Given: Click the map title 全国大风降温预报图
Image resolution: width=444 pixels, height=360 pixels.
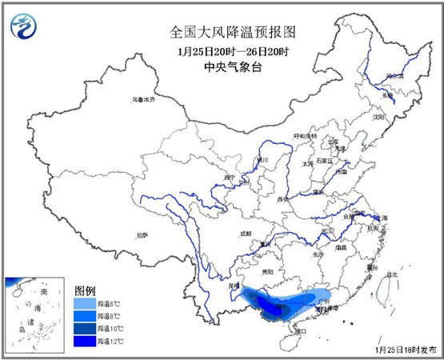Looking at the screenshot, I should (x=222, y=33).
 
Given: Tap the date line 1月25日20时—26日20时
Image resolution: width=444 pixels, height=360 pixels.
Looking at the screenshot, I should (x=222, y=52).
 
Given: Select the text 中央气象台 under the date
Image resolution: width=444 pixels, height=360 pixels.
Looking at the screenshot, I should (x=222, y=68).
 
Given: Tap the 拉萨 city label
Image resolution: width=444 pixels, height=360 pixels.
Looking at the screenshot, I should (x=142, y=235).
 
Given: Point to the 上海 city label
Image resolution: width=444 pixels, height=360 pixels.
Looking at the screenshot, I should (x=382, y=218).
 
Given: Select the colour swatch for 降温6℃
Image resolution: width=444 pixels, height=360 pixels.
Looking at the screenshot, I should (x=85, y=304).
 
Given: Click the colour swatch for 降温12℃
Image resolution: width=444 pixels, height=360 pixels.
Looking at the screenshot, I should (x=85, y=340).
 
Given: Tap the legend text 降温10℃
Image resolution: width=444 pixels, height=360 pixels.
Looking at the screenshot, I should (x=107, y=328).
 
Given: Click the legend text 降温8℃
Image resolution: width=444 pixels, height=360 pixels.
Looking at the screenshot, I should (x=107, y=316).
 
